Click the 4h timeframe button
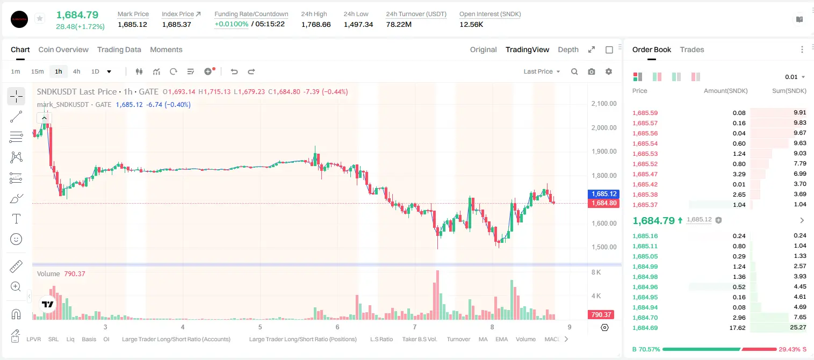coord(76,71)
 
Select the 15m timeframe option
coord(37,71)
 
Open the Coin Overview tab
coord(63,49)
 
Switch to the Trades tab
coord(692,49)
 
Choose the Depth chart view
coord(568,49)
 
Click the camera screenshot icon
coord(592,71)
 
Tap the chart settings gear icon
coord(609,71)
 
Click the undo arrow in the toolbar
coord(234,71)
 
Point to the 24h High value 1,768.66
coord(316,24)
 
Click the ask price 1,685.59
coord(645,113)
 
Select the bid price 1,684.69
coord(645,328)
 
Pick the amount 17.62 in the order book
coord(737,328)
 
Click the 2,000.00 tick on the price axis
coord(604,127)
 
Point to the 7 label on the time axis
coord(415,327)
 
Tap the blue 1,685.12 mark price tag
coord(603,194)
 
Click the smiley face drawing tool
coord(16,239)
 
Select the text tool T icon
coord(16,219)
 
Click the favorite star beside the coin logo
coord(40,18)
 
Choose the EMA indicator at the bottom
coord(501,339)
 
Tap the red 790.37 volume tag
coord(601,314)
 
